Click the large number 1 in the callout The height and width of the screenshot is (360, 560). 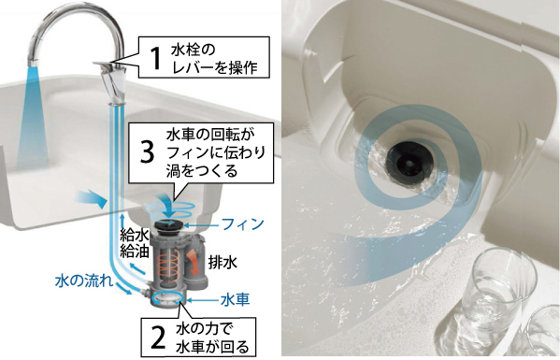pyautogui.click(x=155, y=57)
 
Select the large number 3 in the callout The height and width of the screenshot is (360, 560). pyautogui.click(x=147, y=151)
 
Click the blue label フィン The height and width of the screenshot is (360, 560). pyautogui.click(x=242, y=224)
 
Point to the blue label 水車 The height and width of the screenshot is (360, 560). pyautogui.click(x=235, y=299)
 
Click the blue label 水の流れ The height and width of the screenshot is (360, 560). pyautogui.click(x=84, y=281)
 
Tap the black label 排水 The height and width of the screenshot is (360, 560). pyautogui.click(x=223, y=263)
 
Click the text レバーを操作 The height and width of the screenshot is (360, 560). pyautogui.click(x=215, y=66)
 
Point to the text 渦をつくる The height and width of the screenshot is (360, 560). pyautogui.click(x=202, y=171)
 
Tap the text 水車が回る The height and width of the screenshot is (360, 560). pyautogui.click(x=212, y=346)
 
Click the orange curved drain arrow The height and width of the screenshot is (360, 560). pyautogui.click(x=193, y=263)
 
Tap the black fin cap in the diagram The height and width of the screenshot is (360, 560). pyautogui.click(x=169, y=225)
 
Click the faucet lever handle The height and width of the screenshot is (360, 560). pyautogui.click(x=108, y=64)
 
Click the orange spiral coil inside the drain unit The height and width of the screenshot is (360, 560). pyautogui.click(x=168, y=266)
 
